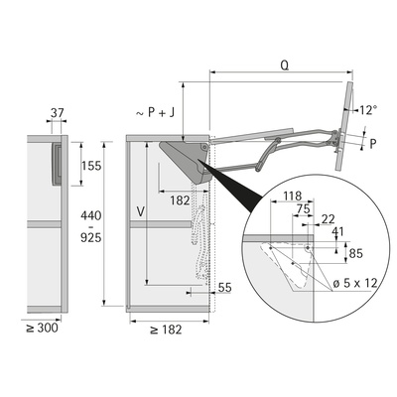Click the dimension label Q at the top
(x=285, y=66)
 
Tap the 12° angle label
(x=368, y=110)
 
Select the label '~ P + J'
(x=155, y=113)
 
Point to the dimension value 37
(x=57, y=113)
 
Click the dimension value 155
(x=91, y=166)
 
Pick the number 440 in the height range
(x=91, y=216)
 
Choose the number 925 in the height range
(x=91, y=237)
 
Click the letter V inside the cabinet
(x=141, y=211)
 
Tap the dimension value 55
(x=225, y=288)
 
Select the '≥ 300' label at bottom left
(x=42, y=329)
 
